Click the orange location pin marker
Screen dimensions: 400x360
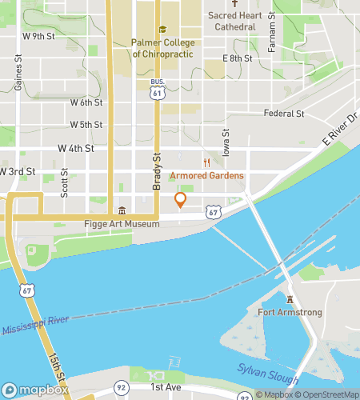181,200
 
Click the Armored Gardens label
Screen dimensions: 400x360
206,175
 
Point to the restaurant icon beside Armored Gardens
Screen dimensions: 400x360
206,162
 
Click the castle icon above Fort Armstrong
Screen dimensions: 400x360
291,299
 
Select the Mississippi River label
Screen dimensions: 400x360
38,328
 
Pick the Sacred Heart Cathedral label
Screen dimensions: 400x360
236,21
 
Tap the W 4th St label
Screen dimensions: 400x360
76,149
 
